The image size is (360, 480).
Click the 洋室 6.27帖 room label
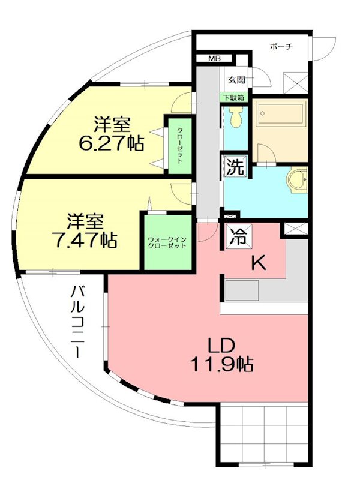(x=112, y=134)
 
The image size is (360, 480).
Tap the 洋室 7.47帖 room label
(x=83, y=231)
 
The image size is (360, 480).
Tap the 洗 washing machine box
(x=235, y=167)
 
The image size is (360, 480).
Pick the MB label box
(x=214, y=59)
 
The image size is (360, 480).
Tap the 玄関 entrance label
(x=236, y=79)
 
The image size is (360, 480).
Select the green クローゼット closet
(x=179, y=147)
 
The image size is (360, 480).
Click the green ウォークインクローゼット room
(x=167, y=241)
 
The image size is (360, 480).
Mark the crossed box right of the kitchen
(x=296, y=229)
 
